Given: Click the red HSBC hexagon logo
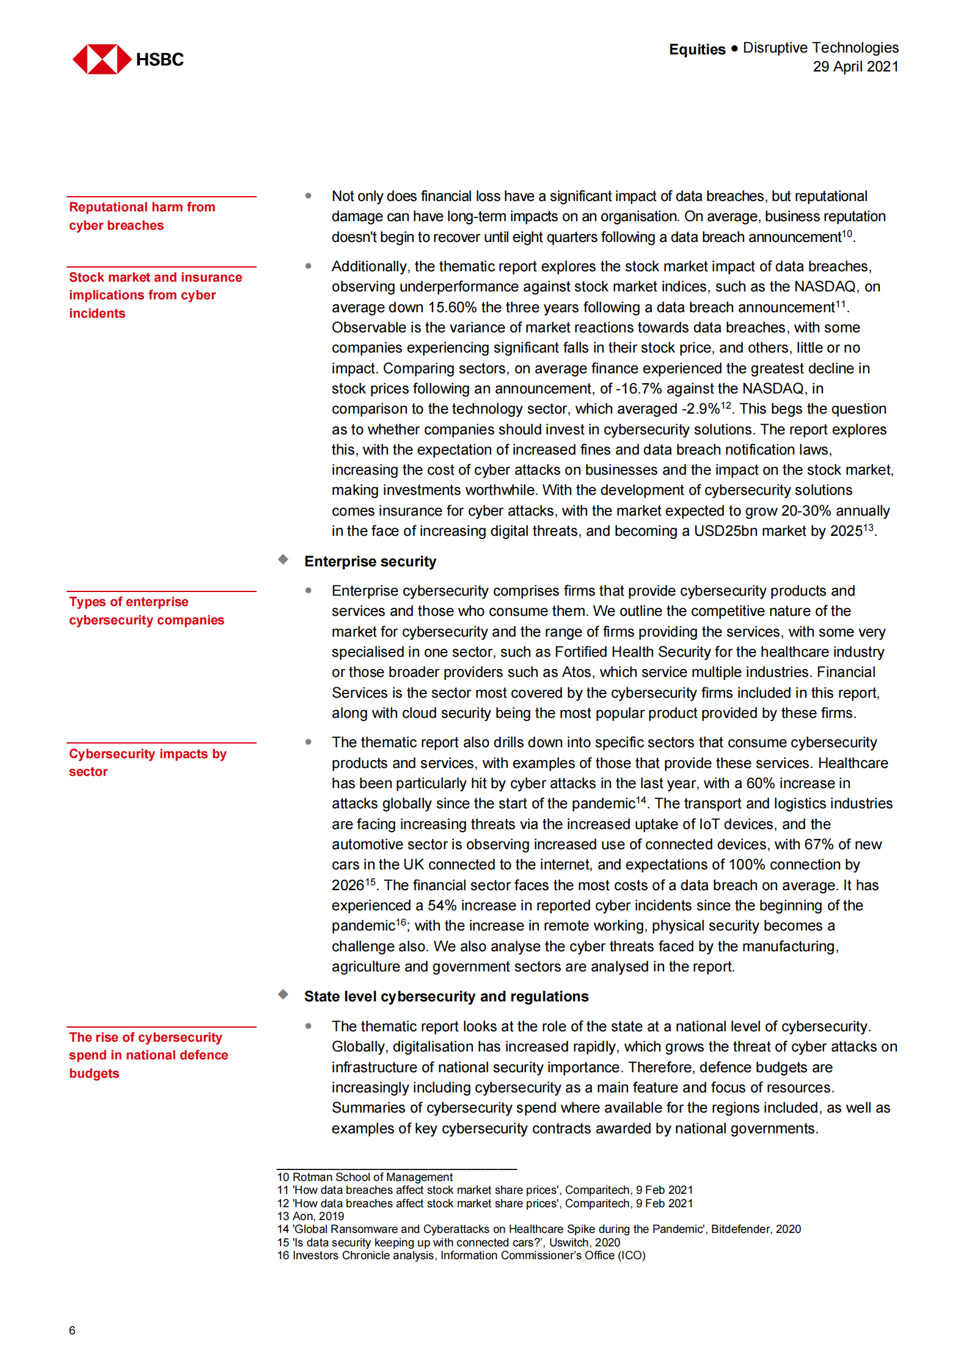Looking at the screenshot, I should [x=101, y=59].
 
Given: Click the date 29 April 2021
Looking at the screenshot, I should [x=855, y=67].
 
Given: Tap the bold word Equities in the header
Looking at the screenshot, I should [x=697, y=49].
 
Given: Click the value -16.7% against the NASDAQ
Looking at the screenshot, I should [x=638, y=389].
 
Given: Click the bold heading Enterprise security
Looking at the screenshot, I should [x=370, y=561].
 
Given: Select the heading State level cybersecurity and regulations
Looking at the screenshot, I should [x=446, y=996].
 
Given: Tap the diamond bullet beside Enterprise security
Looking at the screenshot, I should [x=283, y=560].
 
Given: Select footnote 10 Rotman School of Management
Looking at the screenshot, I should [x=365, y=1177].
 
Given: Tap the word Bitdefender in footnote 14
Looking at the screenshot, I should [x=739, y=1229].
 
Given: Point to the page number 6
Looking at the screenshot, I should [x=72, y=1330].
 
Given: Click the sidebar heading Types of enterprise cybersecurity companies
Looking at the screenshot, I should [x=146, y=611].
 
